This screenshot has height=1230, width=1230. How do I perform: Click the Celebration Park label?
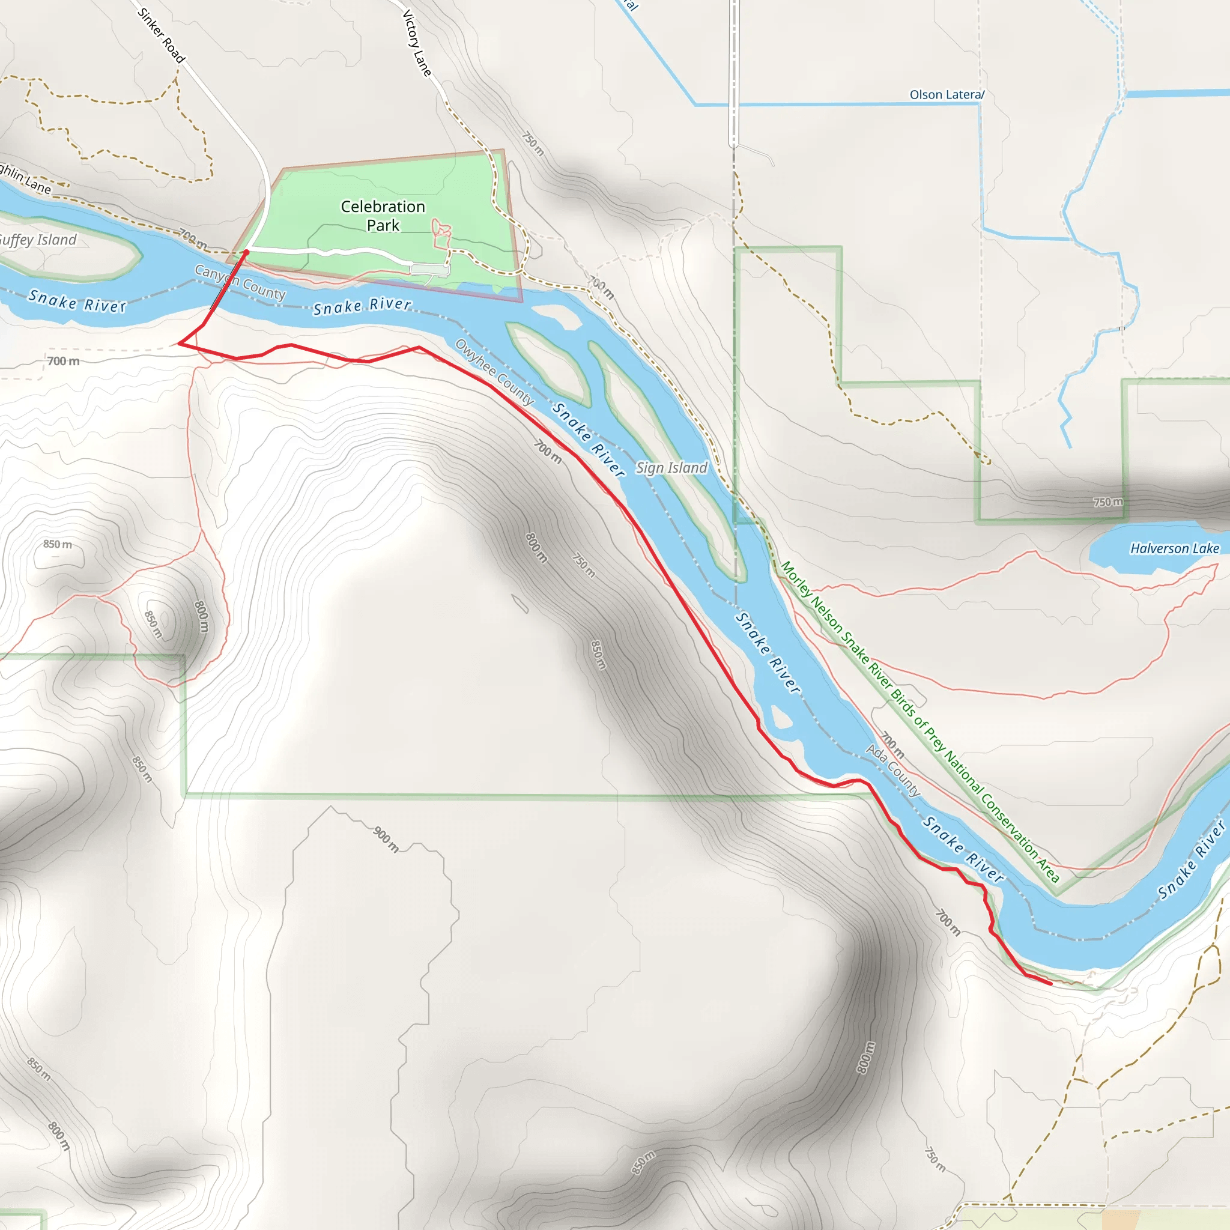pyautogui.click(x=383, y=216)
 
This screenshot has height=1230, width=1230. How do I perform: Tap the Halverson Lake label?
pyautogui.click(x=1174, y=548)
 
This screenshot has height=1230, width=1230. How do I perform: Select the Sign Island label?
pyautogui.click(x=671, y=468)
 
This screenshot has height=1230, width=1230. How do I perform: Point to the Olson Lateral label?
pyautogui.click(x=946, y=95)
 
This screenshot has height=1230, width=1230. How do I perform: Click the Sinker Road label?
pyautogui.click(x=161, y=35)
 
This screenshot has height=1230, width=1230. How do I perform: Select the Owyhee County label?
pyautogui.click(x=494, y=372)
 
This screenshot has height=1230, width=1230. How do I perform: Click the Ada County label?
pyautogui.click(x=892, y=771)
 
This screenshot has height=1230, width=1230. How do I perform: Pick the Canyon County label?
pyautogui.click(x=240, y=282)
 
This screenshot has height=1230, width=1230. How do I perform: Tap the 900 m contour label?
pyautogui.click(x=386, y=839)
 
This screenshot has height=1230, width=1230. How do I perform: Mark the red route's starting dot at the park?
pyautogui.click(x=246, y=253)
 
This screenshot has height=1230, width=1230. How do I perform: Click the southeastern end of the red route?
pyautogui.click(x=1050, y=984)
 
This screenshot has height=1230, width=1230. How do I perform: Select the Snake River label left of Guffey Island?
pyautogui.click(x=77, y=301)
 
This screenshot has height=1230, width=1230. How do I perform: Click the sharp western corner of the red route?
pyautogui.click(x=180, y=343)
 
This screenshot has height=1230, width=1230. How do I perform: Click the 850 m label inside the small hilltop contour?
pyautogui.click(x=153, y=625)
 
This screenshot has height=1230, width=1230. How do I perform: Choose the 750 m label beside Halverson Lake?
pyautogui.click(x=1107, y=501)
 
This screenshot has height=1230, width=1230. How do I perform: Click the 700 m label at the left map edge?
pyautogui.click(x=64, y=361)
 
